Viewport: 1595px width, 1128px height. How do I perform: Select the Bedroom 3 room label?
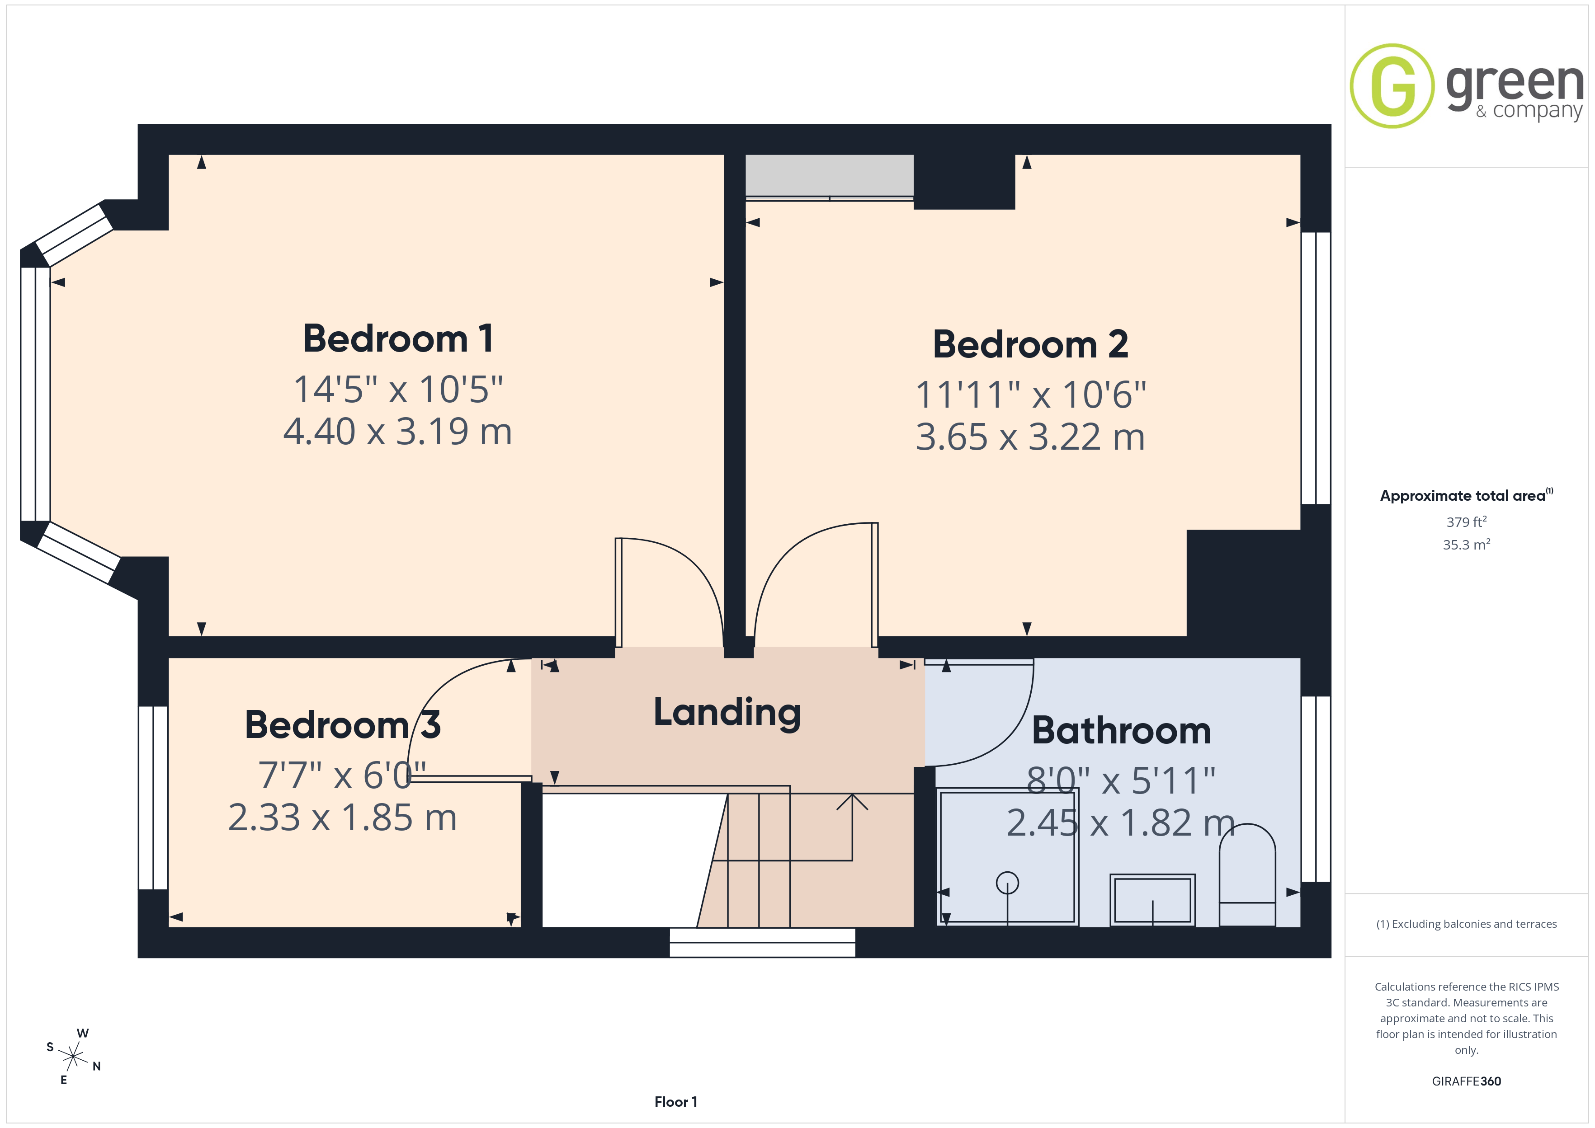coord(343,725)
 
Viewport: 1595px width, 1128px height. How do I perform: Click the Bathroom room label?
coord(1121,731)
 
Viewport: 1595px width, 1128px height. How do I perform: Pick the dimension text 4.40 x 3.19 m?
coord(397,431)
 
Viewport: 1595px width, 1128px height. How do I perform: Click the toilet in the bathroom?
coord(1248,875)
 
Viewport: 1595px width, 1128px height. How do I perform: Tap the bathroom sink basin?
coord(1152,900)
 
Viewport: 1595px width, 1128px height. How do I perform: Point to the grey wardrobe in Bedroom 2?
coord(830,176)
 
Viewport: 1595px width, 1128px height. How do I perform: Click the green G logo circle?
coord(1392,86)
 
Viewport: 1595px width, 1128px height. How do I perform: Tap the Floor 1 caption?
coord(675,1102)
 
